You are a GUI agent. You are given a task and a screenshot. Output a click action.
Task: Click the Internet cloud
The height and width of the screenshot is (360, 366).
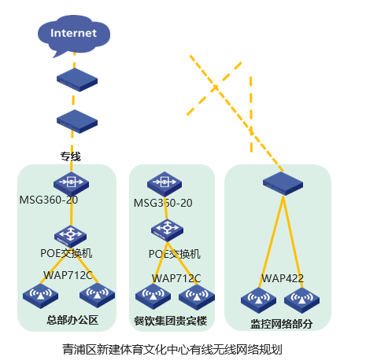tap(74, 35)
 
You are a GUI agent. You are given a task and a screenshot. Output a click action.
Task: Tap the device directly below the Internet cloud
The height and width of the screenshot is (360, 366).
tap(77, 80)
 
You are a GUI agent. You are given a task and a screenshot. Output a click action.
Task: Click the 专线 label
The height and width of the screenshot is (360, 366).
tap(71, 156)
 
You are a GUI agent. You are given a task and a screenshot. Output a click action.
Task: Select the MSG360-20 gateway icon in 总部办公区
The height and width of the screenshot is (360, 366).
tap(71, 183)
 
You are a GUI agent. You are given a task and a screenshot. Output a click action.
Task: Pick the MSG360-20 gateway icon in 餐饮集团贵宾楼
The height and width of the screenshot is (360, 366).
tap(165, 184)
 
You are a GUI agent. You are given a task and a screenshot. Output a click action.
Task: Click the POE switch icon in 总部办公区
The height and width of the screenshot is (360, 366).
tap(70, 237)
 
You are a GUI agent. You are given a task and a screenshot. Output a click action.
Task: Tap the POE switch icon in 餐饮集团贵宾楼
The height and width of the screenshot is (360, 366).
tap(167, 230)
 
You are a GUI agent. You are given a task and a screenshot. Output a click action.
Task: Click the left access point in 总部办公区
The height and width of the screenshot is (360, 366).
tap(40, 296)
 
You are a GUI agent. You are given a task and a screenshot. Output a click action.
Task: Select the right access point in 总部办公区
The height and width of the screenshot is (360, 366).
tap(97, 295)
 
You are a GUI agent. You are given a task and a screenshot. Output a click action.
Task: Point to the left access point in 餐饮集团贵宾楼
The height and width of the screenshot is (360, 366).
tap(153, 297)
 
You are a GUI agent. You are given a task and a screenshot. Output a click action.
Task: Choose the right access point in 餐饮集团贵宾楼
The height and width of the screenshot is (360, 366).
tap(197, 297)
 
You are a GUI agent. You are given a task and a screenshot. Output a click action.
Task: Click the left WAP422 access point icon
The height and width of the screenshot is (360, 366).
tap(258, 300)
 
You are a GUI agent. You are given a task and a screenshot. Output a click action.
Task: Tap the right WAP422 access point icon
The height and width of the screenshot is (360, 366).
tap(301, 300)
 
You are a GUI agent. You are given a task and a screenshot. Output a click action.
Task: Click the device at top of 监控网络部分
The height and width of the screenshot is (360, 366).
tap(283, 184)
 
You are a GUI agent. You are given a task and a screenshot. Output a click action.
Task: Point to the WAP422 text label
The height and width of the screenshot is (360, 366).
tap(283, 278)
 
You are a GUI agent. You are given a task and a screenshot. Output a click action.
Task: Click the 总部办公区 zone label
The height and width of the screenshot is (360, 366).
tap(72, 320)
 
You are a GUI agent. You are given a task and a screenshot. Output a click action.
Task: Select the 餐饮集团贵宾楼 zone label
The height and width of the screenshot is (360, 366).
tap(171, 321)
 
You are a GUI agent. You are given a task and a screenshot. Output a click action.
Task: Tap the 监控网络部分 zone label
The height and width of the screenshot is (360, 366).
tap(281, 324)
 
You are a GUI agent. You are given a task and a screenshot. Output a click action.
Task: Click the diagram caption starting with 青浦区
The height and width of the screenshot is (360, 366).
tap(172, 350)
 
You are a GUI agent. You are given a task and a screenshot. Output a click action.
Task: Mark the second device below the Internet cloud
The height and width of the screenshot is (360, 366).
tap(77, 121)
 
